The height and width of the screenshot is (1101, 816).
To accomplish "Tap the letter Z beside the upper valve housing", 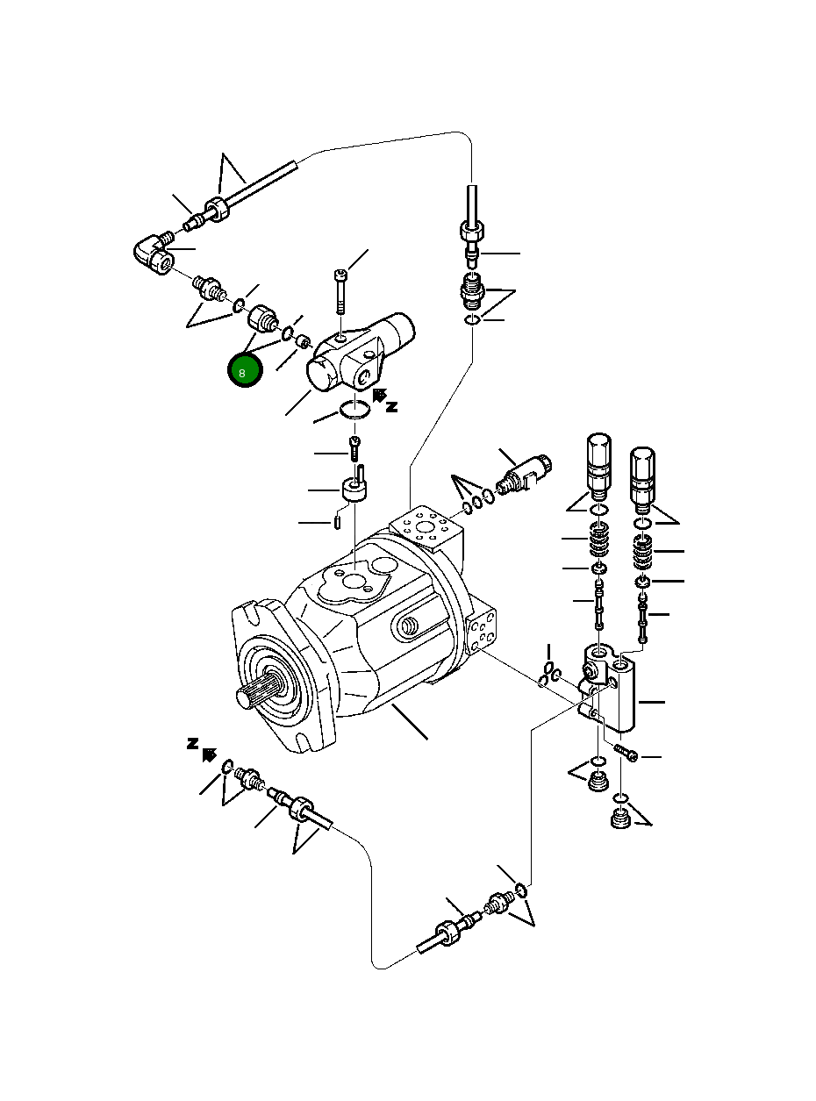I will click(391, 406).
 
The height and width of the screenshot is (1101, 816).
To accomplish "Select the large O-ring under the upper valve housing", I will click(354, 409).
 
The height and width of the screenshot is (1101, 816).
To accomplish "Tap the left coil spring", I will click(598, 540).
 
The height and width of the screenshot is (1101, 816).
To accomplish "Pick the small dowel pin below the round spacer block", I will click(338, 523).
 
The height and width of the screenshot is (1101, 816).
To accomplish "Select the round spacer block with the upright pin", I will click(354, 490).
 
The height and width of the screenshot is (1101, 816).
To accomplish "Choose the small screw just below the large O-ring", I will click(354, 447).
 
